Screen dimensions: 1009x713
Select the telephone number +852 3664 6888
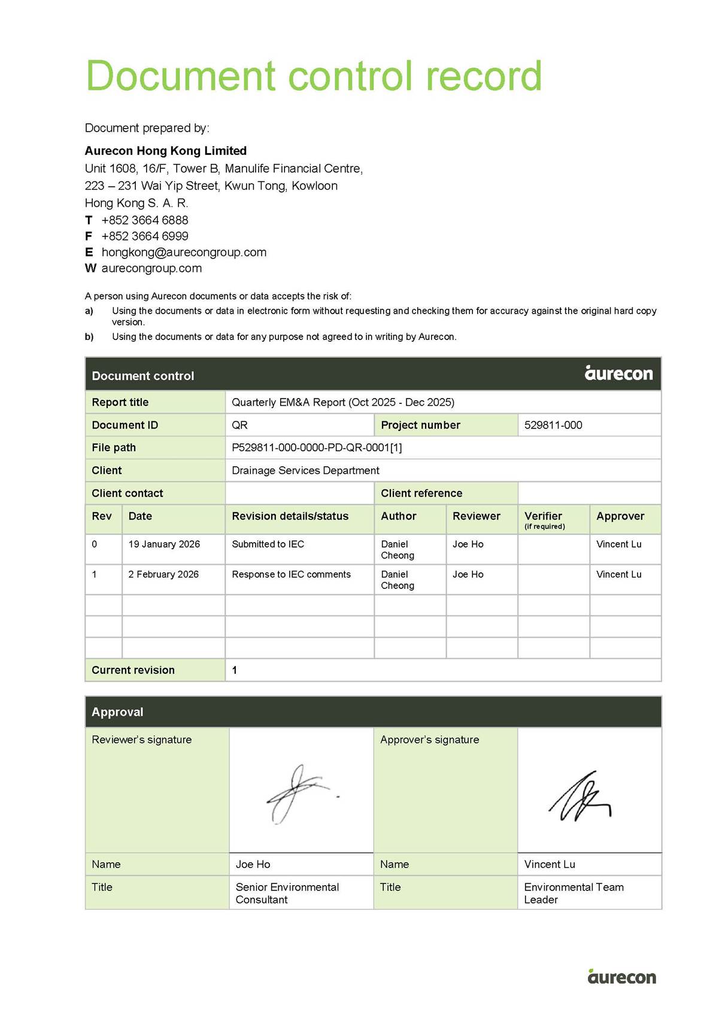point(144,220)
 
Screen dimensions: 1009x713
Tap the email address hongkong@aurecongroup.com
point(184,253)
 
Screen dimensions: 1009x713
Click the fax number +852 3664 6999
point(144,236)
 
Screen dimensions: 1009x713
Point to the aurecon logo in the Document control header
point(618,373)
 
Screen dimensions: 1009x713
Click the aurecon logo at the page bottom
point(621,977)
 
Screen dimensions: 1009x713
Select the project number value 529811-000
point(553,426)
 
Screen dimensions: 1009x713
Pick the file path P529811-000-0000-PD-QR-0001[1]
point(317,448)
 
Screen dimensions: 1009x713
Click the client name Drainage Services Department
point(305,470)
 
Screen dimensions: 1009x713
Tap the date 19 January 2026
point(164,545)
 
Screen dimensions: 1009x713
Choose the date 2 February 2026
point(163,575)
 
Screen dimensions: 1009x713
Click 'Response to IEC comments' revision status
point(291,575)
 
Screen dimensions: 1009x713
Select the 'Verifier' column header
point(543,516)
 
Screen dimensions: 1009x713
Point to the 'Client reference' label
point(421,494)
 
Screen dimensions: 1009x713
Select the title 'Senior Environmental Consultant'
point(287,893)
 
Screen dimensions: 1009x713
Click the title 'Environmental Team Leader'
point(574,893)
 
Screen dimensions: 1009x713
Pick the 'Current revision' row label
point(133,670)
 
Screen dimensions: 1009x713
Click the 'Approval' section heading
point(117,712)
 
